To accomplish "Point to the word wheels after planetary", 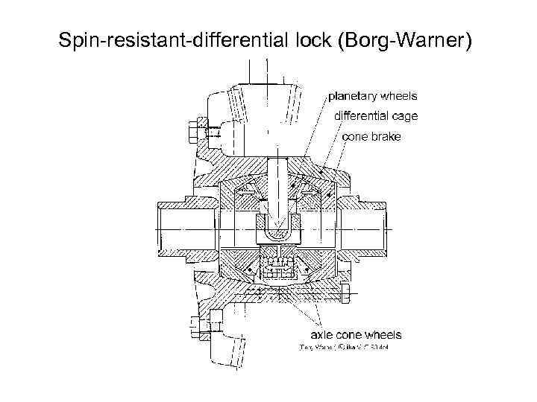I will click(x=399, y=96).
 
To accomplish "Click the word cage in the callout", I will click(x=405, y=116).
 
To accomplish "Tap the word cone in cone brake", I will click(x=355, y=136).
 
